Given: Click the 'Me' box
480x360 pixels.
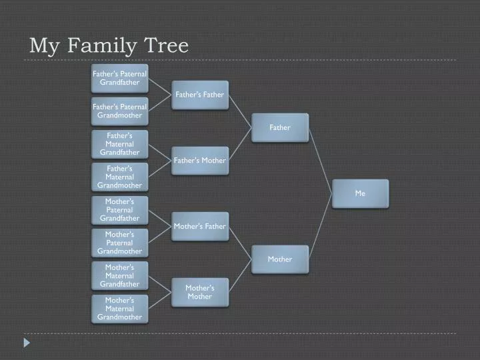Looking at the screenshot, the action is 360,193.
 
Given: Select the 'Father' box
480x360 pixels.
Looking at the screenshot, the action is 280,127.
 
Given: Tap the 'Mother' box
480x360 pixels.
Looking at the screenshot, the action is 280,259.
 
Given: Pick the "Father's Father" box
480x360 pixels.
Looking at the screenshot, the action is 200,95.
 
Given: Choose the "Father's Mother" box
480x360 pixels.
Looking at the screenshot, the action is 200,161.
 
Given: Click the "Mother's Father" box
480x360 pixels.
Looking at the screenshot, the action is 200,227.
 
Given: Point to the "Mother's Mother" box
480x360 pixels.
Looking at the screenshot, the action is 200,293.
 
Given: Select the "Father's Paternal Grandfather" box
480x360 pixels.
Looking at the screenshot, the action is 120,79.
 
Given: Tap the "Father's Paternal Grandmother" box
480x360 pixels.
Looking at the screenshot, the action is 120,111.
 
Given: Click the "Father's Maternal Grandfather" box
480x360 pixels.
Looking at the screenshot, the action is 120,144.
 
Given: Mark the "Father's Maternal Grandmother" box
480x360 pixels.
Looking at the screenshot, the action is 120,177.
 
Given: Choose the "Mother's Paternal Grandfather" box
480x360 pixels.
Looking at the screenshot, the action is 120,210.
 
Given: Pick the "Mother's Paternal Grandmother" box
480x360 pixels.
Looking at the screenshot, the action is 120,243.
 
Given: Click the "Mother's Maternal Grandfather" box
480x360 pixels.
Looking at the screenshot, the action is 120,276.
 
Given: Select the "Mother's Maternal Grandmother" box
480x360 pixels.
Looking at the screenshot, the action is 120,309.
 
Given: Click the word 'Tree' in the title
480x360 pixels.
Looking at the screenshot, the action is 166,45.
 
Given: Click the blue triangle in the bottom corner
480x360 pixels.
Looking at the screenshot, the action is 27,343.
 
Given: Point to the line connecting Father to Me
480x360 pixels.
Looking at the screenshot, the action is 321,161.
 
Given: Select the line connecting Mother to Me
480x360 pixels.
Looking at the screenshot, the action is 321,225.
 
